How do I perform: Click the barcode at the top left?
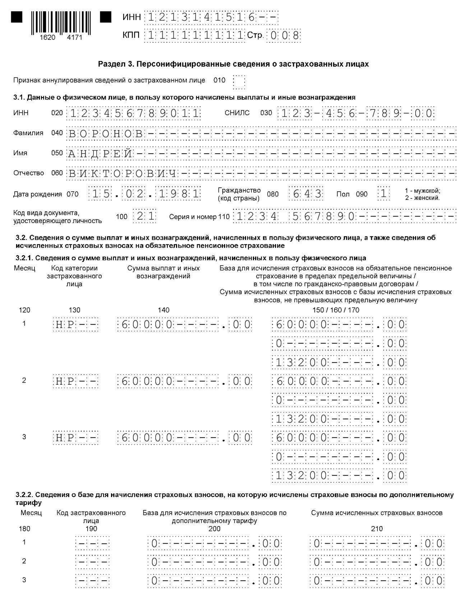(61, 23)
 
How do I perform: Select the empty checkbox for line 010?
(239, 82)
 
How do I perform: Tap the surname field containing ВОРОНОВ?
(106, 134)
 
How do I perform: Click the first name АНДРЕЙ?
(100, 154)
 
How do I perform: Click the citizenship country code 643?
(307, 194)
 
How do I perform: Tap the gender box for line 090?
(384, 194)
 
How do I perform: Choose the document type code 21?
(145, 216)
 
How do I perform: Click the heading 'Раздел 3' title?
(233, 64)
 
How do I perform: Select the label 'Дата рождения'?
(37, 195)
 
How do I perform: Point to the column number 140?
(163, 310)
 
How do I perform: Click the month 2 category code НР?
(75, 381)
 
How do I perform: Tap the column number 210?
(377, 529)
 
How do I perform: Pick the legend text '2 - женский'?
(422, 198)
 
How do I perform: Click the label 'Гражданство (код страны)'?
(239, 194)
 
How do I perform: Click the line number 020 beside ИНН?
(57, 113)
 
